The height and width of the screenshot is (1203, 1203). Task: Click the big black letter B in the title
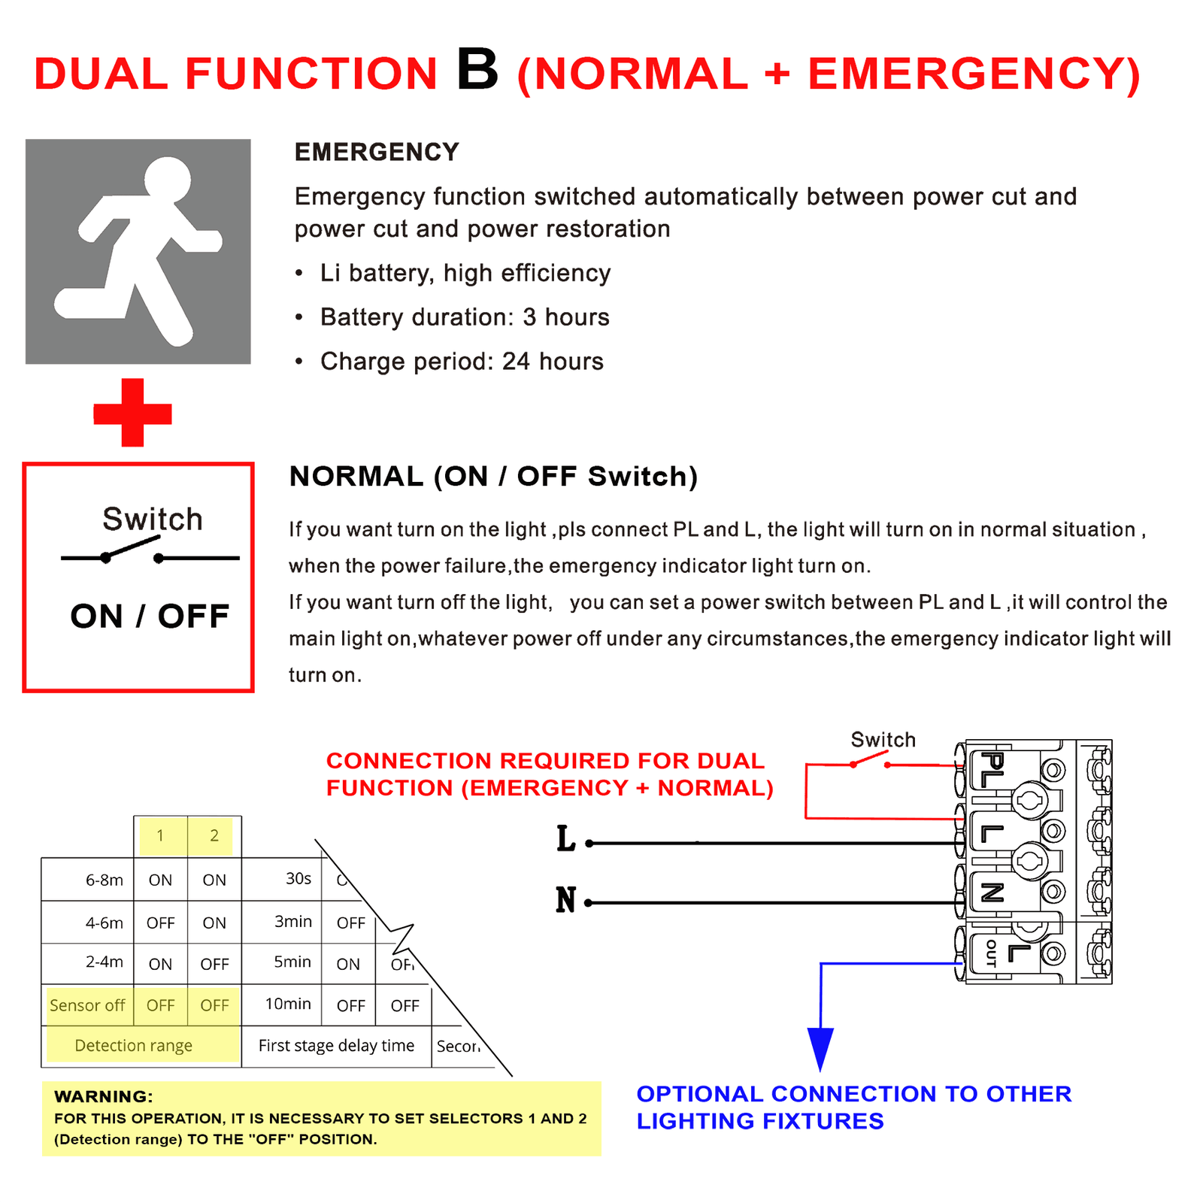[x=477, y=70]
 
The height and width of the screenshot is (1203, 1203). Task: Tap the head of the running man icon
[x=168, y=180]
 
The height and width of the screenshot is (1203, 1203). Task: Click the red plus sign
[x=132, y=413]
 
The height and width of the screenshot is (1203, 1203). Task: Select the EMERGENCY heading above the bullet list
[x=377, y=152]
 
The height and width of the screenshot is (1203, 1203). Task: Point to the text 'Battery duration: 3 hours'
[x=465, y=317]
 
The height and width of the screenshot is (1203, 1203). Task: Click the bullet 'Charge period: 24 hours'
[x=462, y=362]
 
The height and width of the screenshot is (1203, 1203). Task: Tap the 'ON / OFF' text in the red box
[x=150, y=617]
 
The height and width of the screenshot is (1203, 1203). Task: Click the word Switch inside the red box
[x=153, y=519]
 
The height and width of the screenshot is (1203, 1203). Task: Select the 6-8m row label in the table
[x=104, y=880]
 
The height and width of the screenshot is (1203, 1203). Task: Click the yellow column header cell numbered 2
[x=214, y=835]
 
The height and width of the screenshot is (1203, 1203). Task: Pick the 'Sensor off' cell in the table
[x=87, y=1005]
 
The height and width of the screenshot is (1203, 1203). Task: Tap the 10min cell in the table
[x=288, y=1004]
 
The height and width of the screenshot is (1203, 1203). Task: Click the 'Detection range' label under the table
[x=133, y=1045]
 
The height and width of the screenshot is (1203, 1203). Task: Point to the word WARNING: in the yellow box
[x=104, y=1096]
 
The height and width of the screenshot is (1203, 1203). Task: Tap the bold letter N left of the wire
[x=565, y=900]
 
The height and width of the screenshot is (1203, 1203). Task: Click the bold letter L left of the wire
[x=565, y=839]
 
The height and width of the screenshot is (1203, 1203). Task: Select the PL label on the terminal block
[x=992, y=770]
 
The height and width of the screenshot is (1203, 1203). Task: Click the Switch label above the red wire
[x=883, y=740]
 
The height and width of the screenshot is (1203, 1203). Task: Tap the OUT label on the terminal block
[x=990, y=953]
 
